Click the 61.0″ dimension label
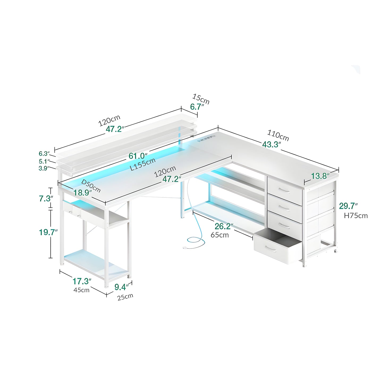138,156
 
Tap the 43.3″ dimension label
271,144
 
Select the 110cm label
278,135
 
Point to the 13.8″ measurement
320,176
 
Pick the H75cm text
356,216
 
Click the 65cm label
220,235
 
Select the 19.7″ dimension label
48,232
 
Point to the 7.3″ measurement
46,199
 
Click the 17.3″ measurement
82,281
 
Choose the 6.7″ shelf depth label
197,107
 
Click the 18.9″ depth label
82,193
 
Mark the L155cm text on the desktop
142,164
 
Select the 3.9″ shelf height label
44,168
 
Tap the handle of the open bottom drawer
271,249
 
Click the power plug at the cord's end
184,248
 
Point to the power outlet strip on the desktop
207,138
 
